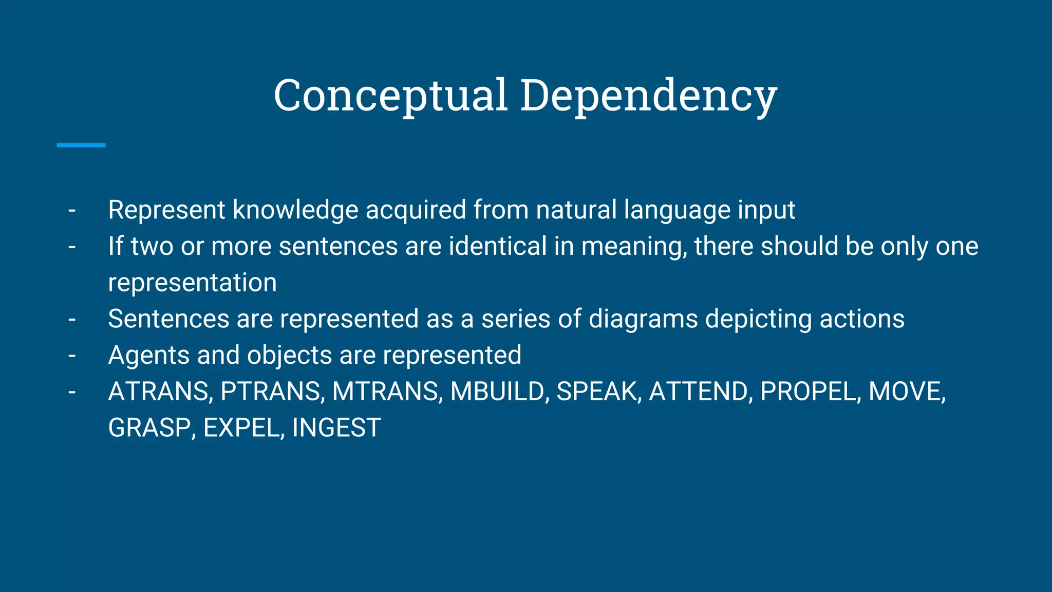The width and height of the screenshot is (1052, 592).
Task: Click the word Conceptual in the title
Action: pos(391,96)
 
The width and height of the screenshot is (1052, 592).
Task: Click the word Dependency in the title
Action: pos(648,96)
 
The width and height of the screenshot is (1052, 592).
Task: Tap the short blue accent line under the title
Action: pos(81,145)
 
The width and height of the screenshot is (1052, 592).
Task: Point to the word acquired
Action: pos(416,210)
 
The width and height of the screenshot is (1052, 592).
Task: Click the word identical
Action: pos(498,246)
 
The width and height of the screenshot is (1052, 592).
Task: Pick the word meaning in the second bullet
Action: pos(633,246)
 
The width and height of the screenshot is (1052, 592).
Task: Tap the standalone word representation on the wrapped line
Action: pos(192,283)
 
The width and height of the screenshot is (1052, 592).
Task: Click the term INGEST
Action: pos(336,428)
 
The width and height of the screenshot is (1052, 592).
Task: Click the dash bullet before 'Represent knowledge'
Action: pos(72,210)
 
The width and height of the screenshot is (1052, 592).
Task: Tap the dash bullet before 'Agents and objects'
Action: pos(72,355)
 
